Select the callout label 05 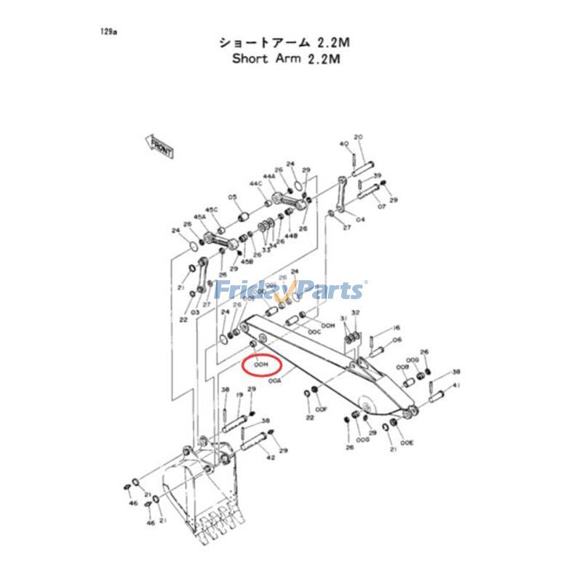[233, 197]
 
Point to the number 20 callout [358, 137]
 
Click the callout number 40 [343, 144]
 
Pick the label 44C [255, 184]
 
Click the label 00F [322, 409]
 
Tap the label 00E [407, 442]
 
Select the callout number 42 [271, 458]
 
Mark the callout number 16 [396, 328]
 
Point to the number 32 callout [355, 311]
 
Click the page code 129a [109, 32]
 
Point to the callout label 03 [195, 312]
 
